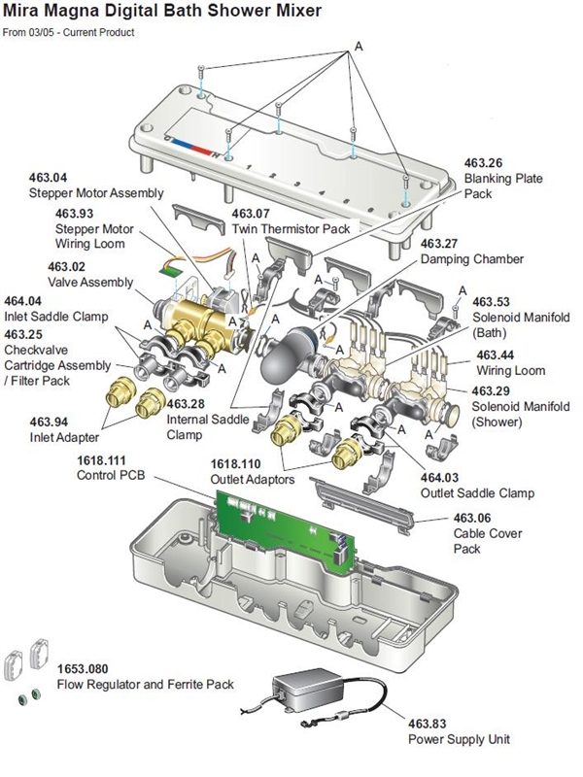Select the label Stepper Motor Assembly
coord(95,193)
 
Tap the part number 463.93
coord(74,214)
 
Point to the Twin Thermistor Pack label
coord(295,228)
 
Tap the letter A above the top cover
coord(359,46)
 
